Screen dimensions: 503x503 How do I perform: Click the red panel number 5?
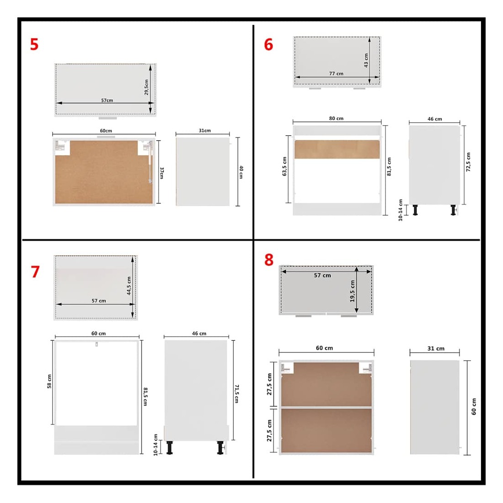coord(34,44)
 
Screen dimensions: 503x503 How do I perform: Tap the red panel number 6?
coord(268,44)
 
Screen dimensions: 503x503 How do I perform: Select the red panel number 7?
coord(35,272)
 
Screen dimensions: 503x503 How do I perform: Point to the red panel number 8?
coord(269,260)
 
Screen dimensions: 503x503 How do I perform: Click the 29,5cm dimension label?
coord(146,87)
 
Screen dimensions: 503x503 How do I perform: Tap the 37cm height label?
coord(162,173)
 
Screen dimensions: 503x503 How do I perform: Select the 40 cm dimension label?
coord(241,172)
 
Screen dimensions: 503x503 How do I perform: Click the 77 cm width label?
coord(336,74)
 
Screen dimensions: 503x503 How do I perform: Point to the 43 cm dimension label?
coord(366,60)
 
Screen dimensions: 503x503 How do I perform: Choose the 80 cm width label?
coord(336,118)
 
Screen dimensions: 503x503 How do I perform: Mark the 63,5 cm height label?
coord(284,166)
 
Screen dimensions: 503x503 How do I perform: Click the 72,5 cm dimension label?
coord(468,162)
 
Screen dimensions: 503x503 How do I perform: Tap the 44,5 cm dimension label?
coord(129,286)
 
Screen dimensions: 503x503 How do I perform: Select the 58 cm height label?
coord(49,381)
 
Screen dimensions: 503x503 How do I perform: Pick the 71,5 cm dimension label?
coord(236,394)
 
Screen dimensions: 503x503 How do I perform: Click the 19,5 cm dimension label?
coord(352,291)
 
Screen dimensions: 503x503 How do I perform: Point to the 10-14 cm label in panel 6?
coord(401,210)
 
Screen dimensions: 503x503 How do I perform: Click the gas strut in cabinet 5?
coord(150,163)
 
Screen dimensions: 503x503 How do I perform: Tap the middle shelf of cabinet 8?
coord(326,407)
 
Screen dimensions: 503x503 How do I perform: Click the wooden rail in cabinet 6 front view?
coord(337,149)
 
